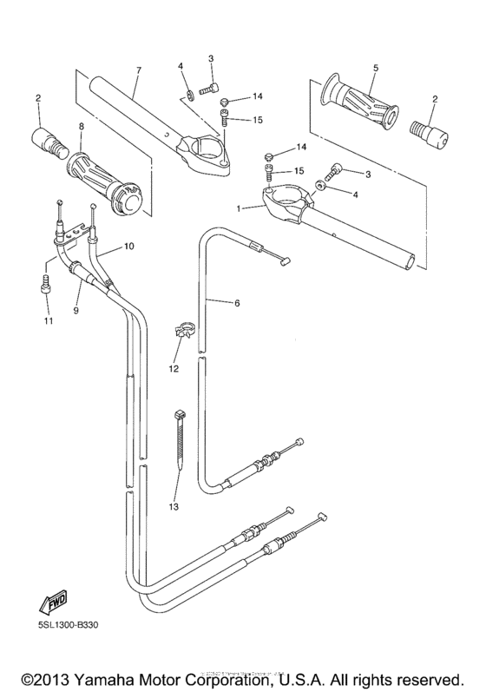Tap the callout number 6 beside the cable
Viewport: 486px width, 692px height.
coord(234,303)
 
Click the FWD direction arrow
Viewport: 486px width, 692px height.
coord(49,603)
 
